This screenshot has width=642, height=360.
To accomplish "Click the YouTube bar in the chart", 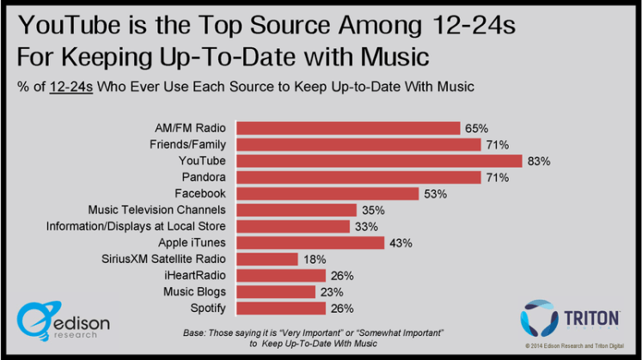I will (x=378, y=161).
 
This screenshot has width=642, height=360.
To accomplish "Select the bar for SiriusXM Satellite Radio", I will (x=266, y=259).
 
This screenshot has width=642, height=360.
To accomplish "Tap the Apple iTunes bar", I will (x=309, y=242).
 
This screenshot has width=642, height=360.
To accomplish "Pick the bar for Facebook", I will (x=327, y=193).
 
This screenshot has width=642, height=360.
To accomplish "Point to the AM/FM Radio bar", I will (x=347, y=128).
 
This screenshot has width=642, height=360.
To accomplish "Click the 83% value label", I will (x=539, y=161).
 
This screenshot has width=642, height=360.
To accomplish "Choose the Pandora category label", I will (x=204, y=177).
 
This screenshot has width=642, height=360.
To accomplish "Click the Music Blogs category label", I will (x=196, y=291).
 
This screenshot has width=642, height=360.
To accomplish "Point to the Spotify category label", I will (x=207, y=308).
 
